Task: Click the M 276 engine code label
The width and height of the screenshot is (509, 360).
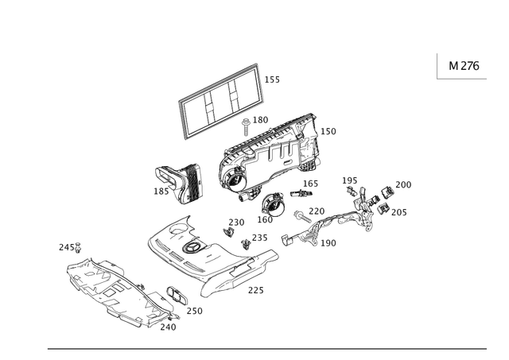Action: pos(464,65)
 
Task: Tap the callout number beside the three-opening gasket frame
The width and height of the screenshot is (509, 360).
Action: pos(273,79)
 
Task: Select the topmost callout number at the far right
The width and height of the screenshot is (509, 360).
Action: pos(406,184)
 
